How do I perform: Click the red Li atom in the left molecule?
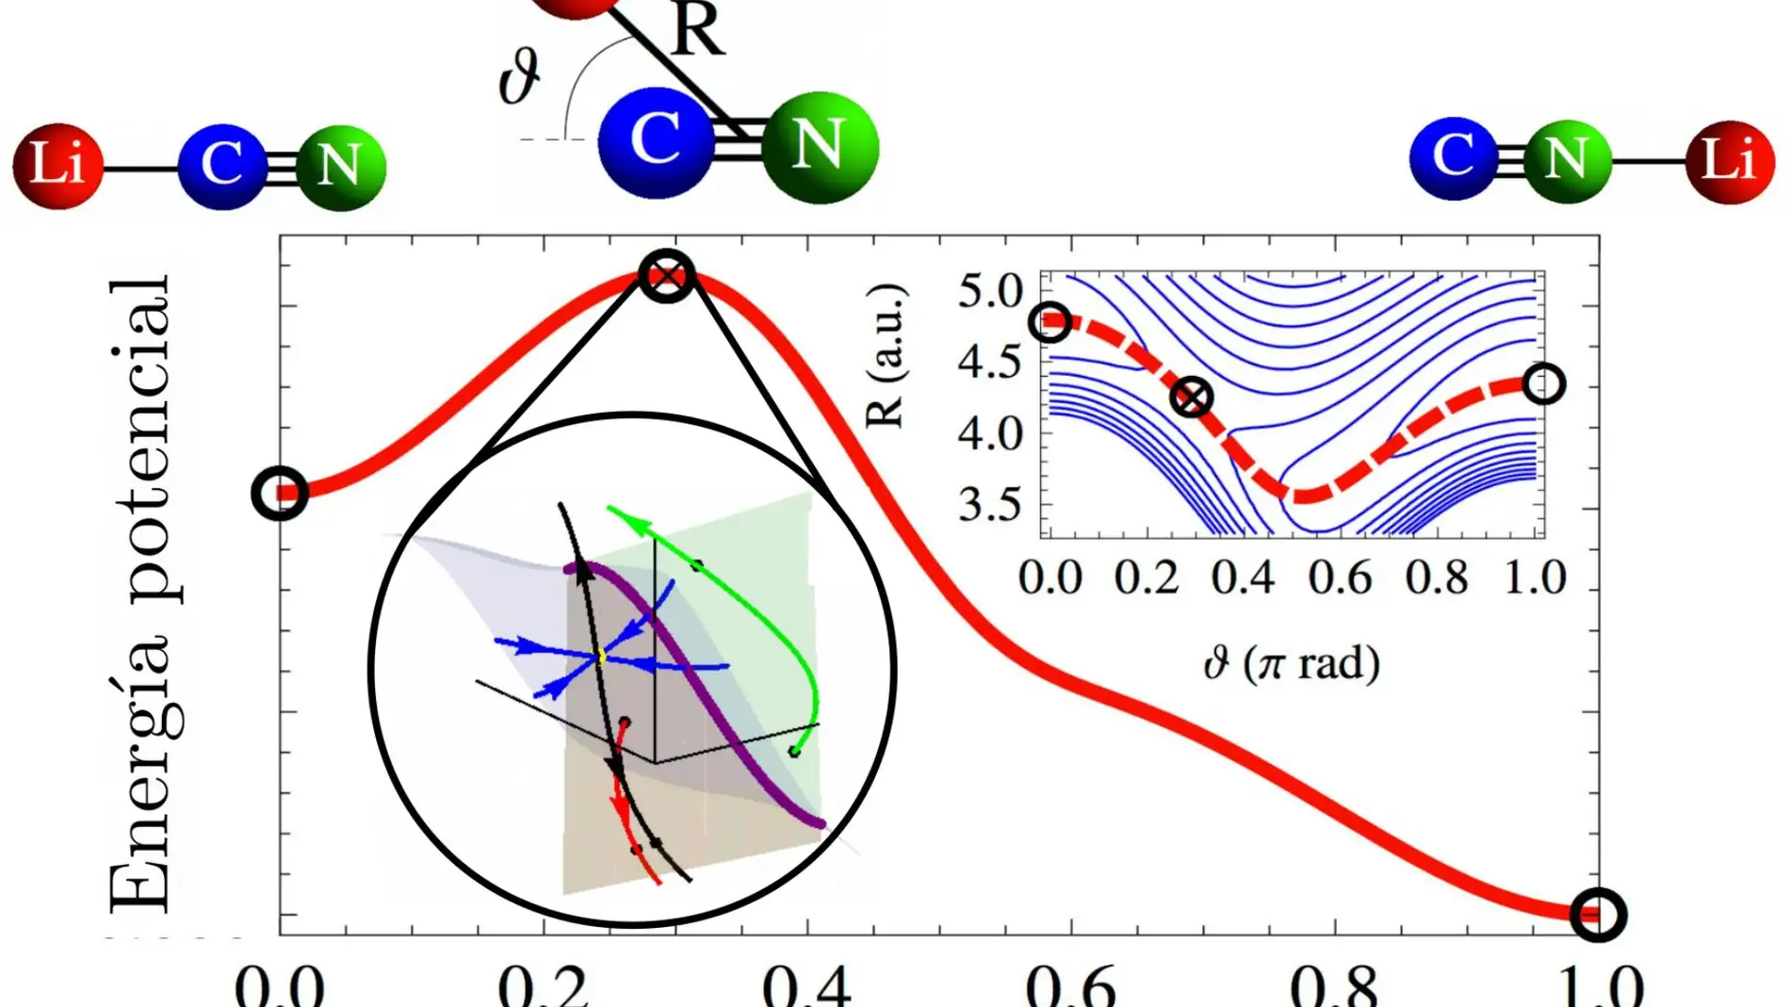tap(57, 165)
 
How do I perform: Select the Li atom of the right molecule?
tap(1730, 161)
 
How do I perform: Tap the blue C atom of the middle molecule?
tap(656, 141)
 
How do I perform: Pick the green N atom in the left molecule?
tap(340, 167)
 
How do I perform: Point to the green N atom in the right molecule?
tap(1566, 159)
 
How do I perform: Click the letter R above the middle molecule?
tap(696, 30)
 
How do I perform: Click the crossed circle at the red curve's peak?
tap(666, 276)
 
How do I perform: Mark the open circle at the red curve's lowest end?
tap(1598, 914)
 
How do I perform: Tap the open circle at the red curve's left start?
tap(280, 493)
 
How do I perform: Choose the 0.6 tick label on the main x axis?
tap(1070, 985)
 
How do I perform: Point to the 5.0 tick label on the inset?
tap(990, 291)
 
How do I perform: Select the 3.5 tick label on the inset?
tap(990, 506)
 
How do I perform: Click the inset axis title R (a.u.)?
tap(886, 355)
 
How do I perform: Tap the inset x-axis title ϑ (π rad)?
tap(1292, 664)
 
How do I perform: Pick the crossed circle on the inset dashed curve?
tap(1192, 398)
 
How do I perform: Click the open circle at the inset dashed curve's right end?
tap(1543, 383)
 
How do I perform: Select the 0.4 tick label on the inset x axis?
tap(1243, 577)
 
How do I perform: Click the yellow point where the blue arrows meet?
tap(601, 656)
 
